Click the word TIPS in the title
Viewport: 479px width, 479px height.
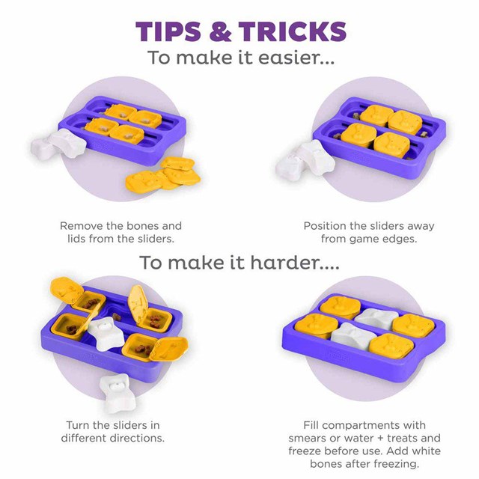tap(168, 31)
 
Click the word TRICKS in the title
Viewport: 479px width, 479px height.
tap(293, 31)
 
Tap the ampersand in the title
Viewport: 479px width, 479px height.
tap(220, 31)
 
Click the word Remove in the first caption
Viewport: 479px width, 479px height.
tap(82, 226)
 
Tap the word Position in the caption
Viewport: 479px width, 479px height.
tap(325, 226)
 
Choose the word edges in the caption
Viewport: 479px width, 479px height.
tap(399, 239)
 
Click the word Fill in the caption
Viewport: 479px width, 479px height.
tap(311, 425)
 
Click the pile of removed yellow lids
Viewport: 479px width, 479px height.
tap(163, 175)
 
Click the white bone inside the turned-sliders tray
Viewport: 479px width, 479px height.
tap(106, 334)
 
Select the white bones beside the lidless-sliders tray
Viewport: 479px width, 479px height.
tap(58, 144)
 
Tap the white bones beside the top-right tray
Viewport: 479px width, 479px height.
tap(305, 160)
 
